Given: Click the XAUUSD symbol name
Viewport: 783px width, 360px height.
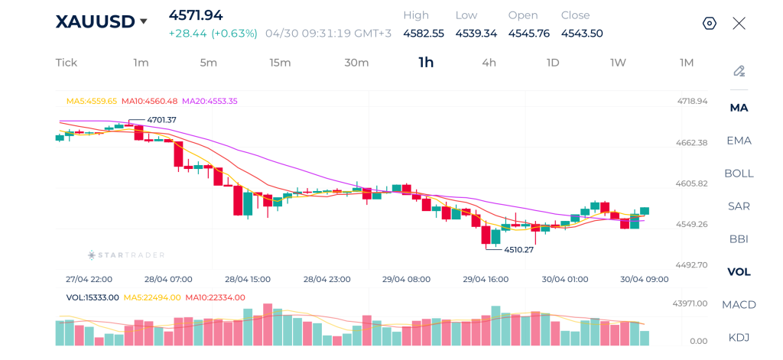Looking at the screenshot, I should [x=95, y=21].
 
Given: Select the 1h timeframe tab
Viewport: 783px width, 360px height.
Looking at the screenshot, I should [x=426, y=63].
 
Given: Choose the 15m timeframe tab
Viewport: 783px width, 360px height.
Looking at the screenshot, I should [x=280, y=63].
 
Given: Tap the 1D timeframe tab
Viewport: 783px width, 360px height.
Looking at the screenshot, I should [x=553, y=63].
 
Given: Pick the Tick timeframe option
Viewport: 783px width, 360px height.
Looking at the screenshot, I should [x=67, y=63].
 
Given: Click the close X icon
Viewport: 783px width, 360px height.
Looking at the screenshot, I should [x=739, y=23].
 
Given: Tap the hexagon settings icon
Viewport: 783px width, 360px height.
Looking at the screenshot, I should [x=710, y=23].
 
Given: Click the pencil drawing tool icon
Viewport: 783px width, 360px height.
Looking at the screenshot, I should [x=739, y=71].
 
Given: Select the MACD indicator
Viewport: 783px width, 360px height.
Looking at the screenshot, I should [x=739, y=304].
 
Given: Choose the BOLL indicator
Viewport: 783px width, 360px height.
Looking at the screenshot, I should [x=739, y=173].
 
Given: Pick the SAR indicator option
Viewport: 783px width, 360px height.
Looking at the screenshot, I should [x=739, y=206].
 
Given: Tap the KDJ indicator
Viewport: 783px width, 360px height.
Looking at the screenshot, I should [x=739, y=337].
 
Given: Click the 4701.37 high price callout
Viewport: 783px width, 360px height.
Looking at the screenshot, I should [x=161, y=120].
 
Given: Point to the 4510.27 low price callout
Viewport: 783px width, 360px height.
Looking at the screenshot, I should [x=519, y=249].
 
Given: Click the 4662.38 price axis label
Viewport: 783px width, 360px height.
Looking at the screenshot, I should [x=692, y=142].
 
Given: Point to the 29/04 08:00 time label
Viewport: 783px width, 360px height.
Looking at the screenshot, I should [x=406, y=279].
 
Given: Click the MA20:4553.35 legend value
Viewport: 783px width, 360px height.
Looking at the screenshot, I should [x=210, y=101].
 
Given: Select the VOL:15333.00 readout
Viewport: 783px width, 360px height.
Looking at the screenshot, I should [x=93, y=297].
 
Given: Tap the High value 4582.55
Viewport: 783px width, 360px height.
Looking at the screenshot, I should [x=424, y=33].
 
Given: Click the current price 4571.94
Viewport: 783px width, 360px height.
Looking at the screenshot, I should [x=196, y=15].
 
